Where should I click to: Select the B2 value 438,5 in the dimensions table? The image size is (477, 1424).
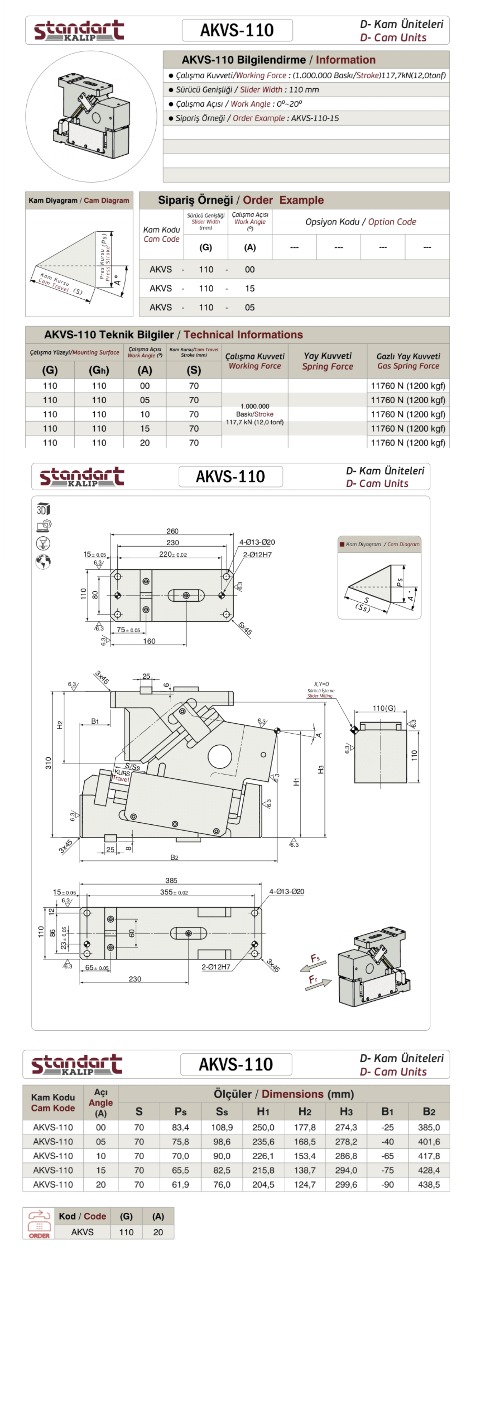coord(429,1185)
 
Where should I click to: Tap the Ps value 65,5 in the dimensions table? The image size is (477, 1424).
coord(180,1170)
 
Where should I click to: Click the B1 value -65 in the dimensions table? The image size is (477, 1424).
coord(387,1156)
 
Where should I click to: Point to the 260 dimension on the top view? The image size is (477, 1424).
coord(172,531)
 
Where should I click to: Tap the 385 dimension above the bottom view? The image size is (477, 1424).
coord(171,881)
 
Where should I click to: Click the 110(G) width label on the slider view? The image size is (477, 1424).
coord(384,708)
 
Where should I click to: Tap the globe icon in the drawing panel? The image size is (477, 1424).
coord(43,562)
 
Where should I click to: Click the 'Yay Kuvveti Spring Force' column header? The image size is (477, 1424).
coord(328,361)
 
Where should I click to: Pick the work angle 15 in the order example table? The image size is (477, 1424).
coord(250,289)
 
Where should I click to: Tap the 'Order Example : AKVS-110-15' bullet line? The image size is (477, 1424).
coord(257,118)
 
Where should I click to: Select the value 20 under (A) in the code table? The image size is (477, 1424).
coord(158,1232)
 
